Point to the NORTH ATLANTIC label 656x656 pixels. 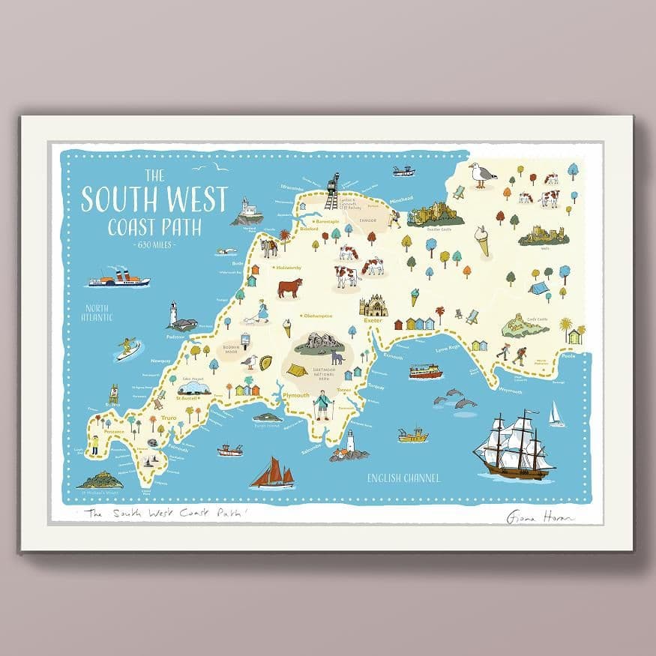click(x=98, y=312)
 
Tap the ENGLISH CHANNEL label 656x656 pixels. click(x=403, y=478)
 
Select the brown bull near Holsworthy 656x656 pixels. click(x=289, y=287)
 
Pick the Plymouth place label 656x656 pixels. click(x=296, y=394)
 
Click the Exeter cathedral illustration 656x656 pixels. click(x=373, y=305)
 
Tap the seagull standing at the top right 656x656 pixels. click(x=481, y=175)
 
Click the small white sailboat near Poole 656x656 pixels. click(x=556, y=414)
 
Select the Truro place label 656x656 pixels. click(x=166, y=417)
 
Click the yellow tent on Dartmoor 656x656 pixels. click(x=298, y=370)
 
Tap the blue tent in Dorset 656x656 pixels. click(x=538, y=287)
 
